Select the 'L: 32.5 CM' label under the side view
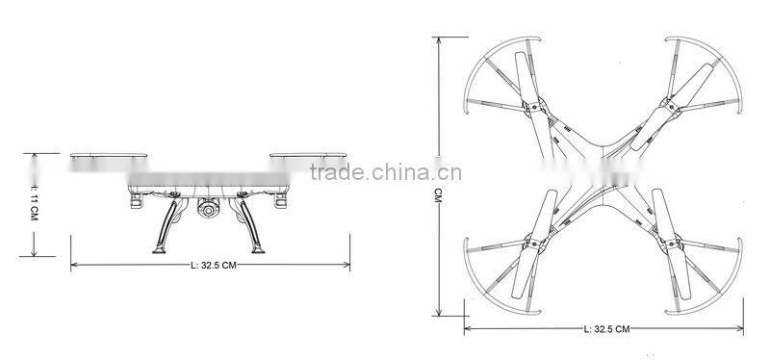tap(213, 265)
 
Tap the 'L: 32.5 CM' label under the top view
tap(606, 329)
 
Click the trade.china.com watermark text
tap(385, 174)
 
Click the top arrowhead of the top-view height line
tap(439, 39)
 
